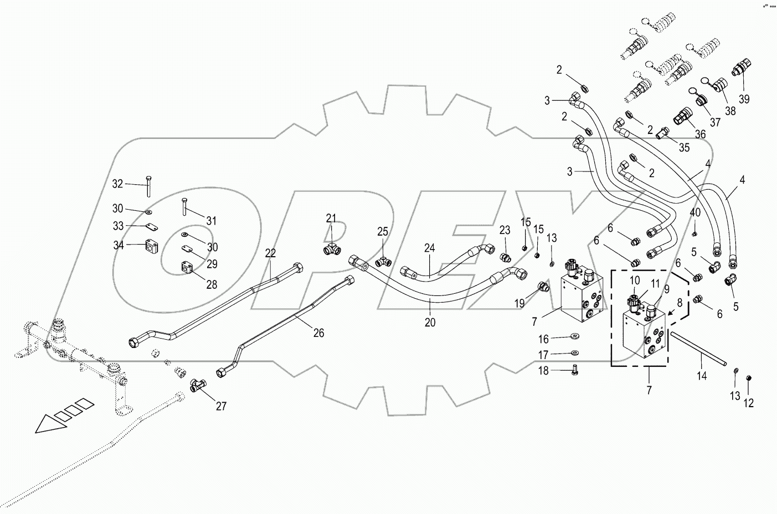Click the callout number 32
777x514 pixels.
(117, 184)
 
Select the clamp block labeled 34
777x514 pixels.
(152, 245)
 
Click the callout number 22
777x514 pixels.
(270, 253)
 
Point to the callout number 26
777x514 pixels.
(318, 333)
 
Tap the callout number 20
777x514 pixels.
(430, 322)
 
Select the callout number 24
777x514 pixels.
(430, 248)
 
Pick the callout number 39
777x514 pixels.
(744, 99)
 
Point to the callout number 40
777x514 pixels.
(695, 212)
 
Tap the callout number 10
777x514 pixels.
(635, 281)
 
